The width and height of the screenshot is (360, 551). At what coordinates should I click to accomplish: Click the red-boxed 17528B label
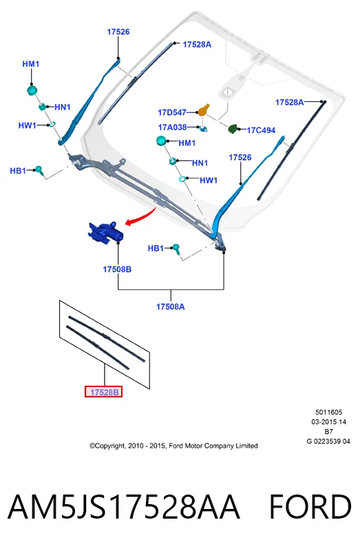[x=104, y=392]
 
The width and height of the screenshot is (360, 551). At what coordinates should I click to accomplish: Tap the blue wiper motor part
[x=105, y=232]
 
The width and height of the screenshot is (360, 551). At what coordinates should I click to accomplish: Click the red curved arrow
[x=140, y=217]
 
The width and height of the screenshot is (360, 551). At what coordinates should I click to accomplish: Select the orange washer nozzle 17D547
[x=203, y=110]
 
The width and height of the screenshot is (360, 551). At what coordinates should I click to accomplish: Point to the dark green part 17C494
[x=233, y=129]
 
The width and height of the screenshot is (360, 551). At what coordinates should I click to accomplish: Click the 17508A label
[x=170, y=306]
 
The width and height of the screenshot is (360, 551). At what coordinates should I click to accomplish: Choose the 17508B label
[x=117, y=269]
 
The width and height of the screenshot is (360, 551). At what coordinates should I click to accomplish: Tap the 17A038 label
[x=172, y=127]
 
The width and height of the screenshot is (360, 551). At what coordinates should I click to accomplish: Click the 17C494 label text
[x=261, y=130]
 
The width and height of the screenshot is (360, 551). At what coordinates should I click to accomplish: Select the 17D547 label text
[x=172, y=112]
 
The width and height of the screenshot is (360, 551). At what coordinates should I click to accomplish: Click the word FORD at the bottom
[x=310, y=506]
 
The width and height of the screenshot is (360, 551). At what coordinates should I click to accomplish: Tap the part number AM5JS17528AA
[x=124, y=506]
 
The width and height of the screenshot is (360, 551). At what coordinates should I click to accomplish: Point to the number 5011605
[x=329, y=412]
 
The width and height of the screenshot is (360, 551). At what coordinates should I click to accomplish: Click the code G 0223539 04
[x=328, y=441]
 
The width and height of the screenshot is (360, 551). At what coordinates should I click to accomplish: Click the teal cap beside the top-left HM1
[x=32, y=90]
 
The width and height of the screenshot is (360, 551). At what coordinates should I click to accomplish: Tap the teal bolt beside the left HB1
[x=39, y=170]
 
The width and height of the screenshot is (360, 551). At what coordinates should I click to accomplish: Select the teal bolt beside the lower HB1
[x=176, y=249]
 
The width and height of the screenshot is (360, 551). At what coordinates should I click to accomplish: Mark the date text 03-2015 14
[x=329, y=422]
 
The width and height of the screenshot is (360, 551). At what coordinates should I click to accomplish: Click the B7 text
[x=329, y=432]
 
